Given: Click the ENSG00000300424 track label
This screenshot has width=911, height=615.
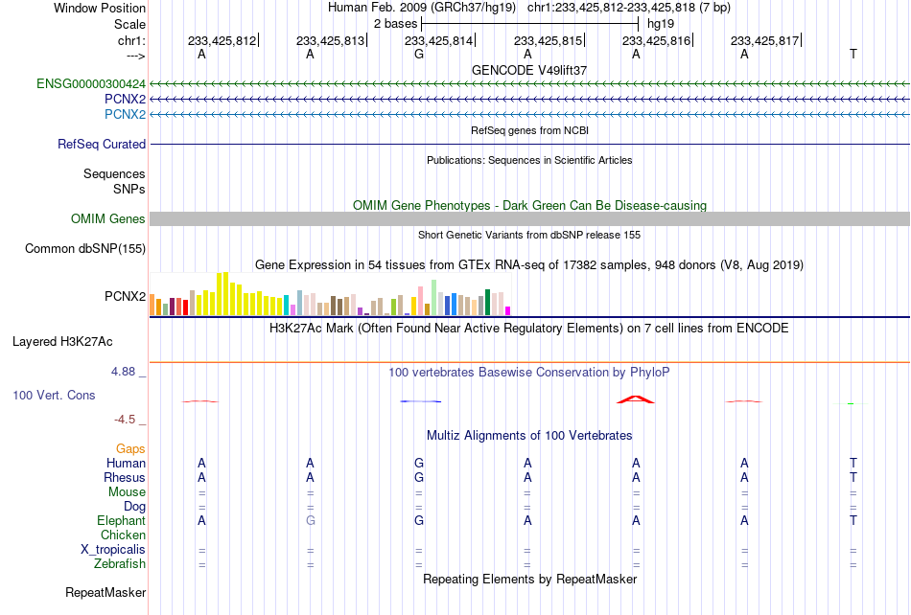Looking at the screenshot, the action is click(91, 83).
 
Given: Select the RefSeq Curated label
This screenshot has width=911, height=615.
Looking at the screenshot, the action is click(102, 144).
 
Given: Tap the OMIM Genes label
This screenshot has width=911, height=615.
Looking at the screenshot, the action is click(108, 218).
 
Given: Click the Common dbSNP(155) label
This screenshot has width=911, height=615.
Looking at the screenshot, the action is click(85, 248).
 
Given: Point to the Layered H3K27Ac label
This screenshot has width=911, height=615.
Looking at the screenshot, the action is click(62, 341).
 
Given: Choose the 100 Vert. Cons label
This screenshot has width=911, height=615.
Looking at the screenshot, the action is click(54, 395).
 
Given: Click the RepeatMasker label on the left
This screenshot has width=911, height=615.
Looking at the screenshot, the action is click(105, 592).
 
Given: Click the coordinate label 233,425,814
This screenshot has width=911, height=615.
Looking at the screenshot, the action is click(438, 40).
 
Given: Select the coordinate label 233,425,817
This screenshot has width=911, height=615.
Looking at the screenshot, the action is click(764, 40).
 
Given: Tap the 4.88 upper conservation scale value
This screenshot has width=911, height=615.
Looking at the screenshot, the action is click(123, 372).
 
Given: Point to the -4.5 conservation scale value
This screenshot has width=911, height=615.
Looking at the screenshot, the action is click(125, 419).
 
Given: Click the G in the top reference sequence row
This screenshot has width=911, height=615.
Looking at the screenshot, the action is click(419, 54).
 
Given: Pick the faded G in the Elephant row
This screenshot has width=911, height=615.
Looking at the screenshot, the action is click(311, 520).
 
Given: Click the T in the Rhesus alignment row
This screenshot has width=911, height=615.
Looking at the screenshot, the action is click(853, 477).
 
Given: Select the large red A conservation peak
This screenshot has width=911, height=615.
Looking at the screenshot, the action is click(636, 399).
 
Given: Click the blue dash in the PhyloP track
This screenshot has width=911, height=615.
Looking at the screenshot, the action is click(421, 401).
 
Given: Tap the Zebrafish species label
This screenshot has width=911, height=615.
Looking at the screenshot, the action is click(120, 563).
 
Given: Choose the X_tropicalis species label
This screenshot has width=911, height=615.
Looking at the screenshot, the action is click(113, 550).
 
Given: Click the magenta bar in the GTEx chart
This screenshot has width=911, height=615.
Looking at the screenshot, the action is click(508, 311).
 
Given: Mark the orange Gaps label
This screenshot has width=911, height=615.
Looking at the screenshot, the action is click(130, 448).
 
